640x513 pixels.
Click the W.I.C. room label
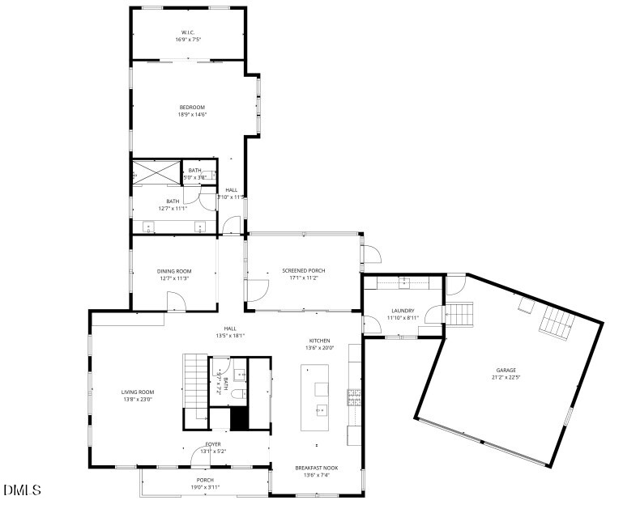[188, 32]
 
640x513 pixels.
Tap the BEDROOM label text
[192, 107]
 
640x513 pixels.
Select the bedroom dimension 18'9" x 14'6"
[192, 114]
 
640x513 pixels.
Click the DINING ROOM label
[173, 271]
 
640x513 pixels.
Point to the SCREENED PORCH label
[304, 270]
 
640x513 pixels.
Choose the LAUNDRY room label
[403, 311]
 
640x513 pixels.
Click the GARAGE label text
[506, 370]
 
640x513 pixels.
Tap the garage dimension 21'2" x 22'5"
[506, 377]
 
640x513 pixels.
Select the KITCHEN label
[319, 341]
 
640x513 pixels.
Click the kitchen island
[317, 397]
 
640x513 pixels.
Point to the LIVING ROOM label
[138, 392]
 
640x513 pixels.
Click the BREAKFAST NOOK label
[317, 468]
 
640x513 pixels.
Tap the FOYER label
[212, 443]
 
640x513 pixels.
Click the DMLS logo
[22, 490]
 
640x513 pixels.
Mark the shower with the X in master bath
[156, 172]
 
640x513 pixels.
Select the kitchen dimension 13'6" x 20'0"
[319, 348]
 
